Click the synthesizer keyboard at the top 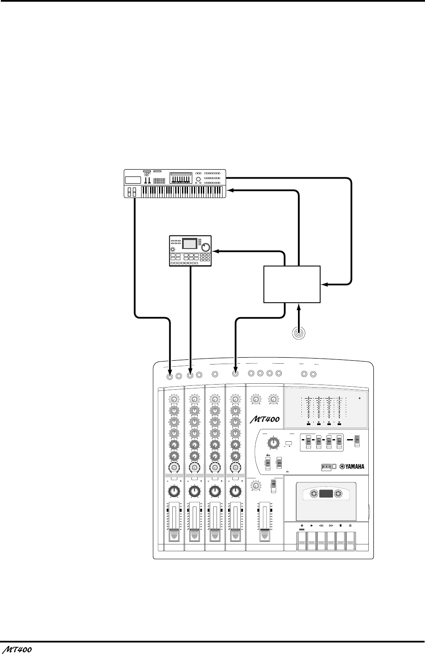175,183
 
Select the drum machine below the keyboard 191,251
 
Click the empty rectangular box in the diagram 292,284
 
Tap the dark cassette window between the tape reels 326,494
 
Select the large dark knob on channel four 234,492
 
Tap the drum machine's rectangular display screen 190,243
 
